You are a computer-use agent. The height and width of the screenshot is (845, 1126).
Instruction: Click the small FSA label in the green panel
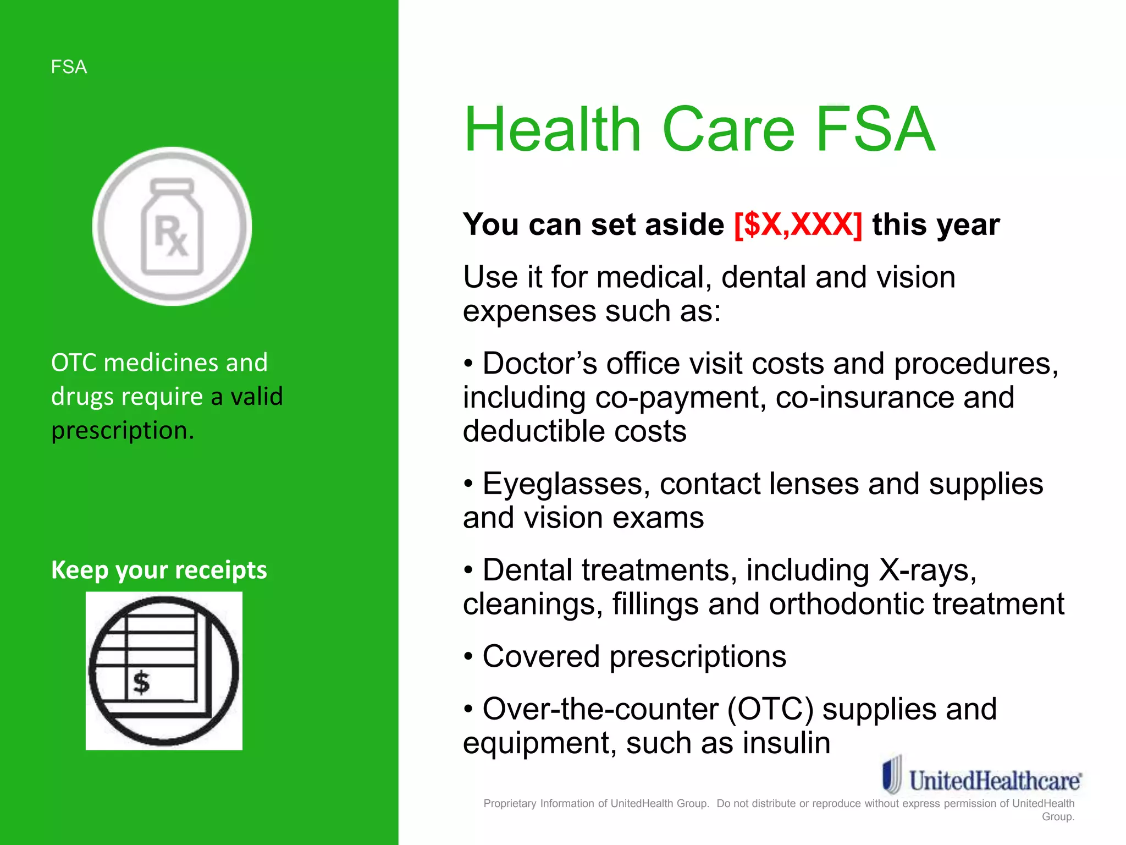69,67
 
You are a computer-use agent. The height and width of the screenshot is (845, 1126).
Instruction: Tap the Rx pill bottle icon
172,226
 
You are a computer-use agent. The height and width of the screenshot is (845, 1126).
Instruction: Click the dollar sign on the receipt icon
141,683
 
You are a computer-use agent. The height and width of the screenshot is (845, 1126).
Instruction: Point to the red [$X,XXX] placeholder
798,224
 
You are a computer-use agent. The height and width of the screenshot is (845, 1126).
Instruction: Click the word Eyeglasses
562,484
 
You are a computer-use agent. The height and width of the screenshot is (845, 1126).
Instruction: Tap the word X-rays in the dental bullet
927,570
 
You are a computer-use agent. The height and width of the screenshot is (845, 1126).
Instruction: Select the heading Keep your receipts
159,570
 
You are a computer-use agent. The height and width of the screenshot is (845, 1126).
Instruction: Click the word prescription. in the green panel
123,430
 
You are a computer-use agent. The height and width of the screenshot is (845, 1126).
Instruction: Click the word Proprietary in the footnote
510,804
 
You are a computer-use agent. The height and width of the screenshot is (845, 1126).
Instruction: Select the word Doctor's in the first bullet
539,364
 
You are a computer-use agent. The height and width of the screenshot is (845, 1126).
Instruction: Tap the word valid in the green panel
256,396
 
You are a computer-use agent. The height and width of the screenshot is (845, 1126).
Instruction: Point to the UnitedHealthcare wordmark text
995,781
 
